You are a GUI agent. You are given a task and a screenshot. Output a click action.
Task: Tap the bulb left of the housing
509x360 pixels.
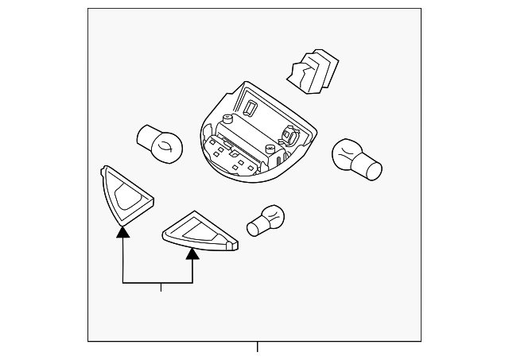tap(160, 144)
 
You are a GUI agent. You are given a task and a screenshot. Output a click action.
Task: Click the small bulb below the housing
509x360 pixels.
tap(266, 220)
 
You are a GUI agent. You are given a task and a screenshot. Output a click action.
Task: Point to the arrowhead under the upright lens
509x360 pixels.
tap(122, 231)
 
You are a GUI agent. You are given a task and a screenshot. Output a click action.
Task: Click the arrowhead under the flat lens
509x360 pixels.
tap(192, 254)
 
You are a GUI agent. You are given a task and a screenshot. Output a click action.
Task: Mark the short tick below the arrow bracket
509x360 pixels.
tap(161, 288)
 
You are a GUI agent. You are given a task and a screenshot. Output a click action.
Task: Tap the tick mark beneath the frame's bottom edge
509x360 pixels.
tap(257, 346)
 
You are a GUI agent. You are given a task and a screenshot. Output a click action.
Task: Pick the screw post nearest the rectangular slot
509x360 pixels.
tap(228, 122)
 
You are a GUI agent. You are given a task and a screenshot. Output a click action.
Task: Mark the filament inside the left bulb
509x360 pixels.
tap(164, 145)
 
